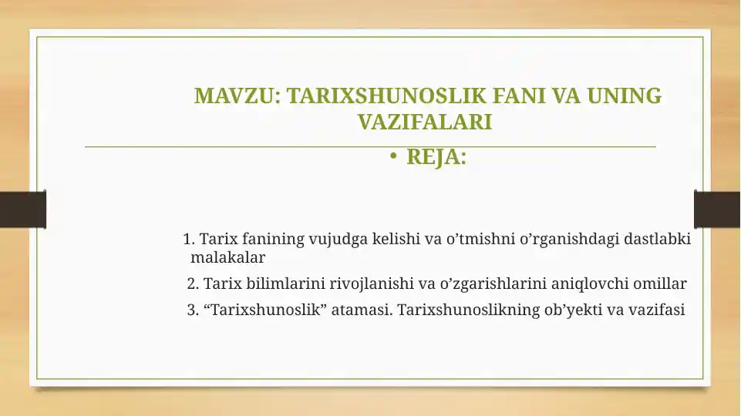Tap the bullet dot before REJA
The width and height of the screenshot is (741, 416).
(392, 158)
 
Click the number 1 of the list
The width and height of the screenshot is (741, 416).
(188, 240)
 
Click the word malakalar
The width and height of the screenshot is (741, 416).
(227, 257)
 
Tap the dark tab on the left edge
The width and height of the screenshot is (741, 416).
(22, 210)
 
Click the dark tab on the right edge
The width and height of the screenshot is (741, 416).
(717, 210)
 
